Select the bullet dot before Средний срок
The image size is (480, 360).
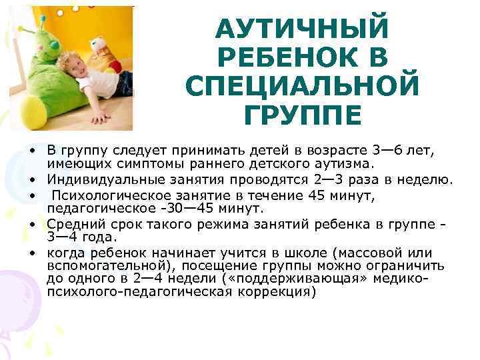(x=32, y=225)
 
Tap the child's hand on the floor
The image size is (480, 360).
(x=100, y=118)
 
